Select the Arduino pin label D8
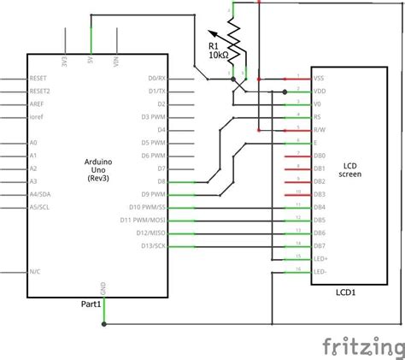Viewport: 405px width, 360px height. pos(162,181)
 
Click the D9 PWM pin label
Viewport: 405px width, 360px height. pos(154,194)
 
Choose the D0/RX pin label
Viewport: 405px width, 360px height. pos(156,78)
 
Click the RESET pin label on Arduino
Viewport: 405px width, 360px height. pos(39,78)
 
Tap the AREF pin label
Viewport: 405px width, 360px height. pos(38,103)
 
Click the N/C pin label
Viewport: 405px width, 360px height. pos(35,271)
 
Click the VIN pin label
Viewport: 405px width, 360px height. pos(115,61)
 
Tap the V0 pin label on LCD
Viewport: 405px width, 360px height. pos(319,103)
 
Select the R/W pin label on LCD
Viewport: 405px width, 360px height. pos(320,129)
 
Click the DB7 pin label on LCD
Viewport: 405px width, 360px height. pos(320,245)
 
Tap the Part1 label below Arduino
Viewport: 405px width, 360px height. pos(91,304)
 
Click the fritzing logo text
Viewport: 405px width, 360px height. pos(362,345)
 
